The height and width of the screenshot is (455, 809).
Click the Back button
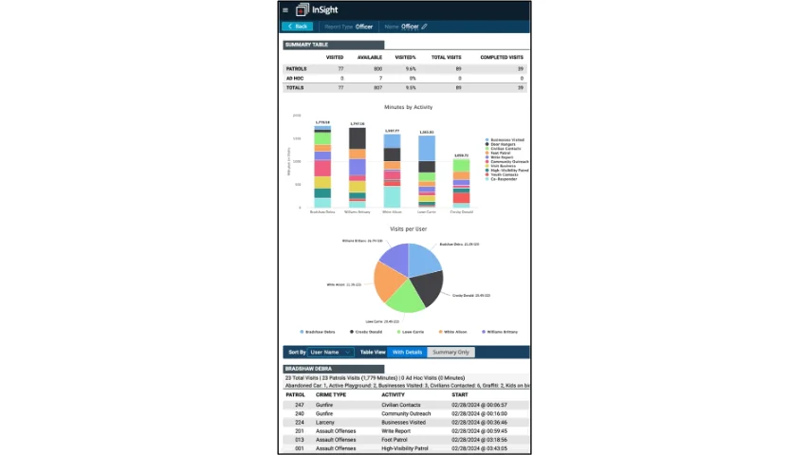(x=297, y=27)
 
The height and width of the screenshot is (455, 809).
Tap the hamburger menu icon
(x=285, y=10)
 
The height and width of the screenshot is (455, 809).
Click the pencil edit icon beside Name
(x=425, y=27)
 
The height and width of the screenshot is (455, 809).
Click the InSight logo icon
(x=303, y=9)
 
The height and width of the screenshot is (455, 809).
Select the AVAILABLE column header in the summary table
(x=369, y=58)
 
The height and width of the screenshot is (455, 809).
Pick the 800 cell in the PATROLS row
(x=377, y=69)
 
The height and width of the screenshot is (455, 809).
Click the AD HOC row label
(x=294, y=78)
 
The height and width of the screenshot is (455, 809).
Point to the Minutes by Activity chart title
(x=408, y=107)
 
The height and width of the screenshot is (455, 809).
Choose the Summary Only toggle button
(x=450, y=352)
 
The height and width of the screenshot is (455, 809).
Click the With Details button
(x=407, y=352)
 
